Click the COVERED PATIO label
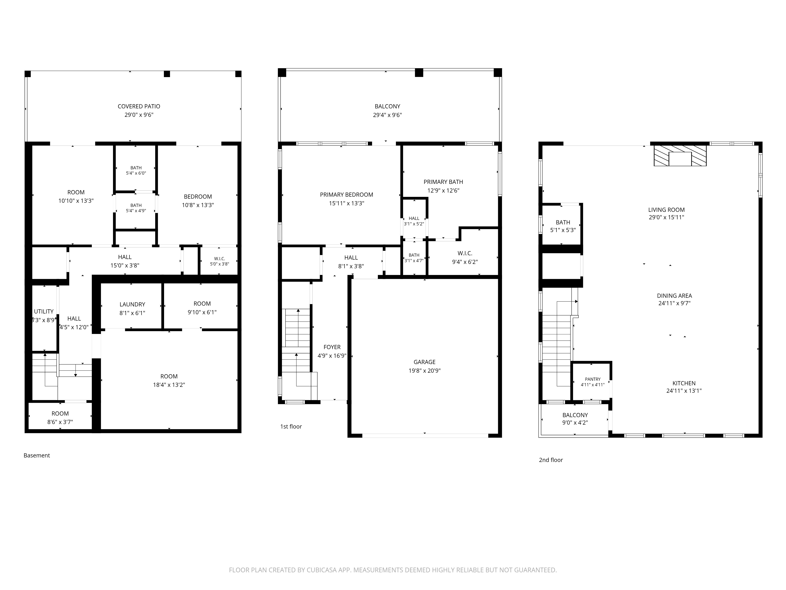(139, 106)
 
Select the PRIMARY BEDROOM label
(346, 195)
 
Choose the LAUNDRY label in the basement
(132, 304)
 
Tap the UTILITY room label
(44, 312)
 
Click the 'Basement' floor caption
(37, 455)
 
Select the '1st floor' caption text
(291, 426)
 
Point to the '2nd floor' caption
(551, 460)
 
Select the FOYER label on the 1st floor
(332, 347)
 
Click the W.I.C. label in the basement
(220, 259)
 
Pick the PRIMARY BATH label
(443, 182)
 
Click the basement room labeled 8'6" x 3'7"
(60, 417)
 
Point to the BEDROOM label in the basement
(198, 197)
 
